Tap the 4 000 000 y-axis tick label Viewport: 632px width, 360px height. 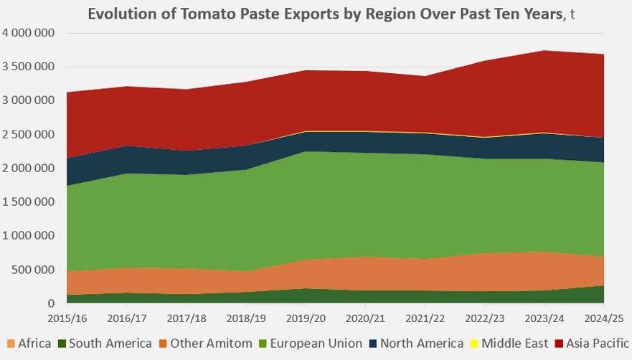click(x=29, y=33)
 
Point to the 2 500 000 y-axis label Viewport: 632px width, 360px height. click(x=29, y=134)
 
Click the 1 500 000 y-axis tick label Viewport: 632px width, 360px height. click(x=29, y=202)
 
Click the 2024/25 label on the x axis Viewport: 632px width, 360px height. click(x=603, y=317)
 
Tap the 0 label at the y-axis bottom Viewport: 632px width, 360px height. click(x=51, y=303)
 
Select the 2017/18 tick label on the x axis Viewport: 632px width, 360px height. click(x=186, y=317)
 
